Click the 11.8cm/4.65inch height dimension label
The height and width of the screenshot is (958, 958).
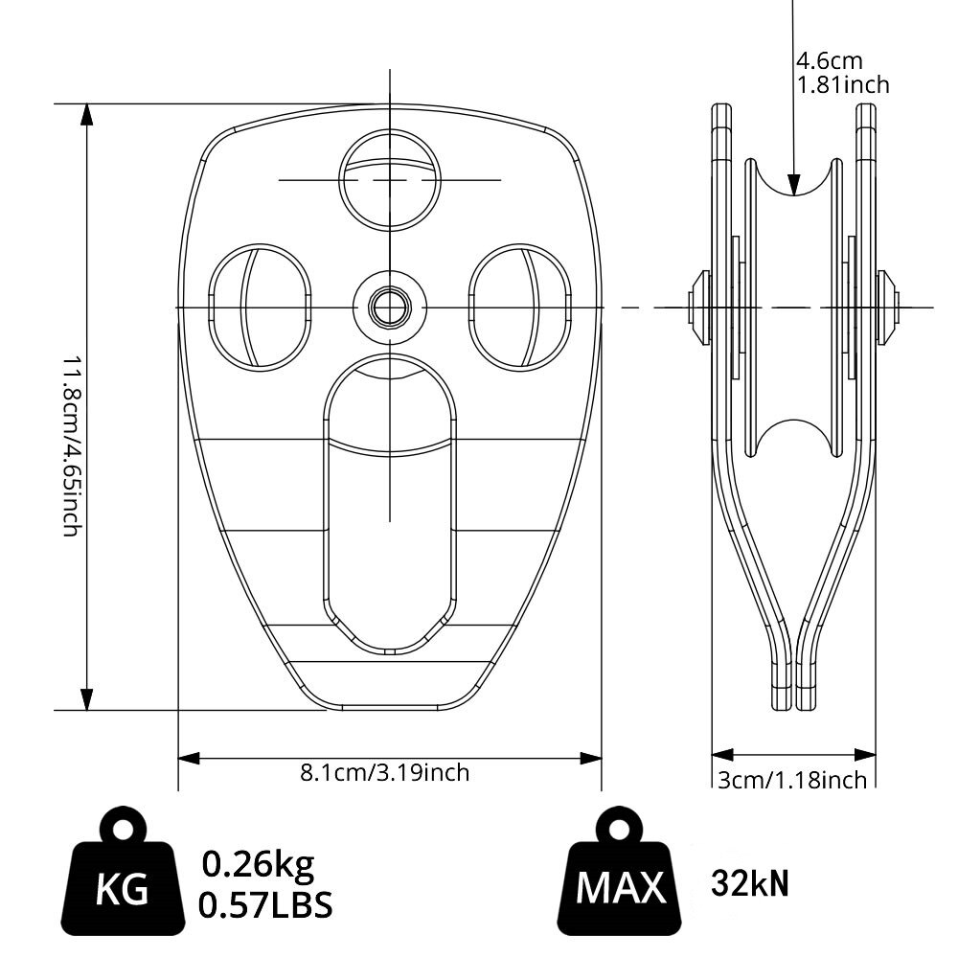(x=69, y=445)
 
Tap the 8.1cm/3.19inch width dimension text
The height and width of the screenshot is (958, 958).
(x=385, y=772)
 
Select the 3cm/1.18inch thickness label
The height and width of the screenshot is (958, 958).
(x=792, y=780)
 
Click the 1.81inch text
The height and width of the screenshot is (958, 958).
(x=843, y=84)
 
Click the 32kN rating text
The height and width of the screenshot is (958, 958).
(x=750, y=883)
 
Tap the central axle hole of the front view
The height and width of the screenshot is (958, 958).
(x=389, y=308)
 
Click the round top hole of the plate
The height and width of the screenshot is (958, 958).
(x=389, y=179)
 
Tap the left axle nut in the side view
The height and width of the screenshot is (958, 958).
(x=697, y=308)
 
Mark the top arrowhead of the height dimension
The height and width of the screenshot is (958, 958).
(x=87, y=115)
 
